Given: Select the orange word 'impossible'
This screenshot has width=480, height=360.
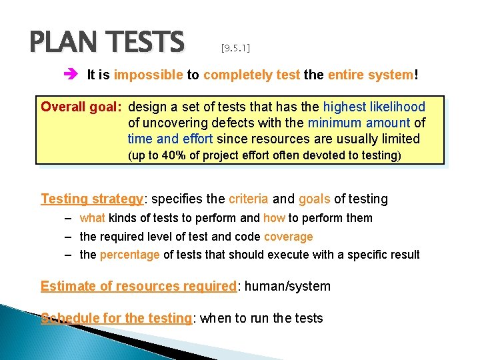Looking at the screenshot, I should point(148,75).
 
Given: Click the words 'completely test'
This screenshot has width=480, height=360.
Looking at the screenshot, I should point(251,75).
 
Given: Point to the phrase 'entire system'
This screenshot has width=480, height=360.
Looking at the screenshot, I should point(370,75).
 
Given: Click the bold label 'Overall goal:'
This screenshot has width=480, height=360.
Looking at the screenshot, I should point(82,106).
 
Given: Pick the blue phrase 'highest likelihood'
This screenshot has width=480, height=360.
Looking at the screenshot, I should point(374,106).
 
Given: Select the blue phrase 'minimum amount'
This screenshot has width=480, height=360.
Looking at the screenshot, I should point(359,123).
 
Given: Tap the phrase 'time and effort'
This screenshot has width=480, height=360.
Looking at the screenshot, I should point(170,139).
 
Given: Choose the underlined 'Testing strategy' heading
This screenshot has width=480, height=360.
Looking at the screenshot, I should point(92,199).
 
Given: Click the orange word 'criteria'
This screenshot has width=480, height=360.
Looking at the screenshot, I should point(249,199).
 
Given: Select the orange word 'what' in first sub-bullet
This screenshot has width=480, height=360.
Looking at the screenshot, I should point(92,218).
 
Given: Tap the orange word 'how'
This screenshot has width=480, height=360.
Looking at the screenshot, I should point(274,218).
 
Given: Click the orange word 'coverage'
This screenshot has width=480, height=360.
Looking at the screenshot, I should point(288,236).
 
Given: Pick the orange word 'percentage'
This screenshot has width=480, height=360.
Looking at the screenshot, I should point(129,255).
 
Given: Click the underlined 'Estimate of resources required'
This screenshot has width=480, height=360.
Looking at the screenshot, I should point(139,287).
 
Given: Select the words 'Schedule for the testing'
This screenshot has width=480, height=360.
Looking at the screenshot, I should point(116,319).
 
